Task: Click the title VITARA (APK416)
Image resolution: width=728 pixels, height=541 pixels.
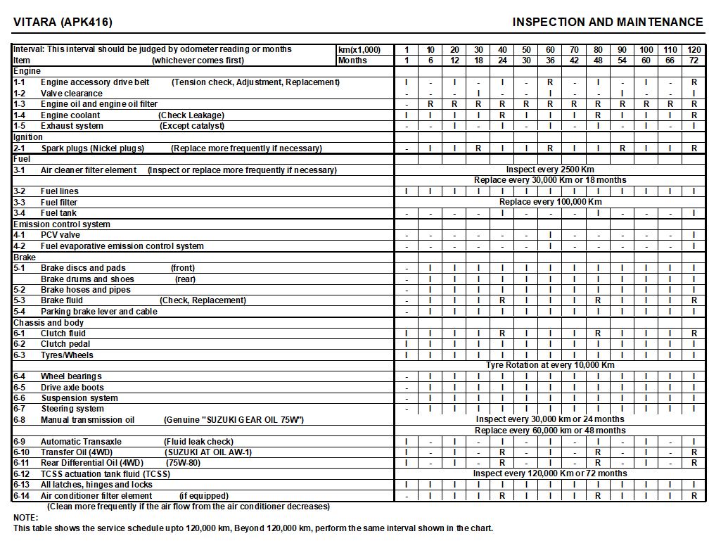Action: point(63,22)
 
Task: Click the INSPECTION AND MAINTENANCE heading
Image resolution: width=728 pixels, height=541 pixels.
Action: point(608,22)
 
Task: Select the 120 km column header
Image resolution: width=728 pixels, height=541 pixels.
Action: point(694,50)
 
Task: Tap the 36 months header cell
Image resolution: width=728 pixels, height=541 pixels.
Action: point(550,61)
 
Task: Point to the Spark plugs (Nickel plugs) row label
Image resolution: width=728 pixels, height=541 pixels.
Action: point(92,148)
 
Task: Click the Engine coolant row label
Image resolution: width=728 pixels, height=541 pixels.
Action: point(70,115)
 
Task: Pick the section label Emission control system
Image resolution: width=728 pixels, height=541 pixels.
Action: point(62,224)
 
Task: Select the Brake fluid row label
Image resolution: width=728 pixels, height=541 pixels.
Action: point(62,300)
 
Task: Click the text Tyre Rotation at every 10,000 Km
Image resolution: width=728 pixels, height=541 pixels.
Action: point(550,365)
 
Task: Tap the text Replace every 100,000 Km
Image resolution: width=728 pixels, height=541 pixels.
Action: point(550,202)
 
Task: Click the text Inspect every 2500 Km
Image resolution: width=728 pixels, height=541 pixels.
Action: point(550,170)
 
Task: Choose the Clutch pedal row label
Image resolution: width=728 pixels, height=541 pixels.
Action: point(65,344)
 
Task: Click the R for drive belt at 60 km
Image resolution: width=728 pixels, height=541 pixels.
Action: point(550,82)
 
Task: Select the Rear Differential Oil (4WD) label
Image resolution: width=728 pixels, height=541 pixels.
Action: point(92,463)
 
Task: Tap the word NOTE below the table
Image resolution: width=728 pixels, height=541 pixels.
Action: point(25,518)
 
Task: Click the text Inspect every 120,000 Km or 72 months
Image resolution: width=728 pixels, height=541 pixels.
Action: point(550,473)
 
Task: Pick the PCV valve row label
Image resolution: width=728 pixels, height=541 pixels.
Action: point(60,235)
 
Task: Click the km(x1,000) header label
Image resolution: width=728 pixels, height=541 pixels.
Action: point(359,50)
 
